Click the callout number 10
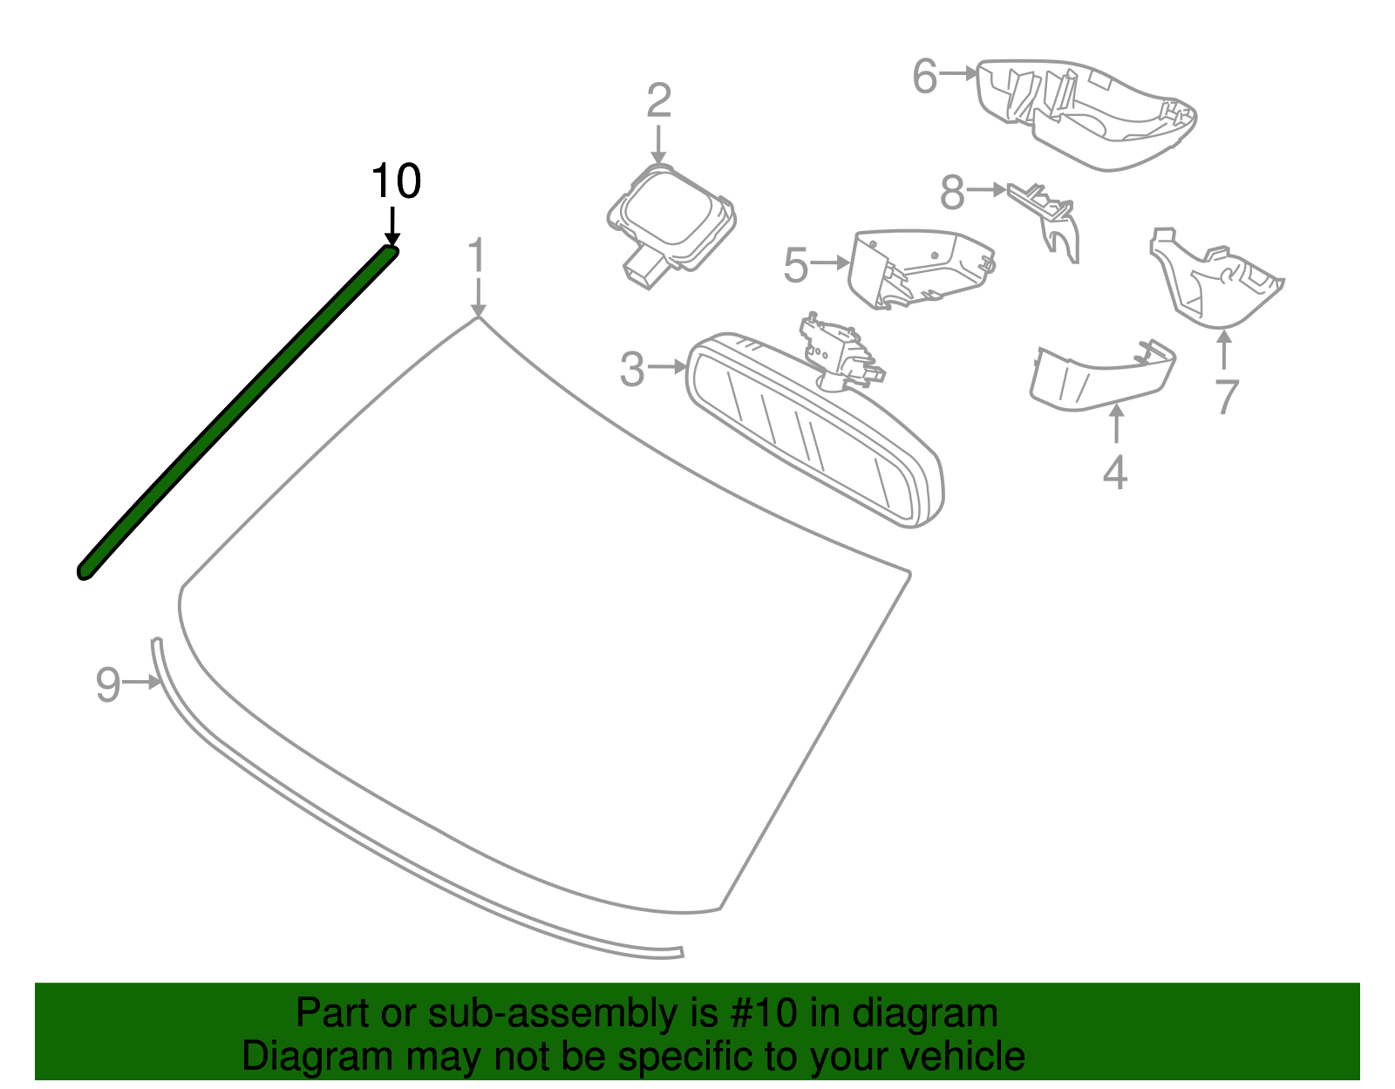[396, 182]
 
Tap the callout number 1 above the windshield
[476, 256]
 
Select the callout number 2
[658, 101]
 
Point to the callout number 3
[632, 369]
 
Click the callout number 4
[1115, 473]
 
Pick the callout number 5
[796, 265]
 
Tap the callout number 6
[924, 77]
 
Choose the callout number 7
[1227, 397]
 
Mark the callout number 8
[952, 193]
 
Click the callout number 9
[107, 684]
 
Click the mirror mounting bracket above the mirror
[837, 349]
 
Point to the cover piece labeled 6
[1090, 113]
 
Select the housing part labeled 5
[915, 266]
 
